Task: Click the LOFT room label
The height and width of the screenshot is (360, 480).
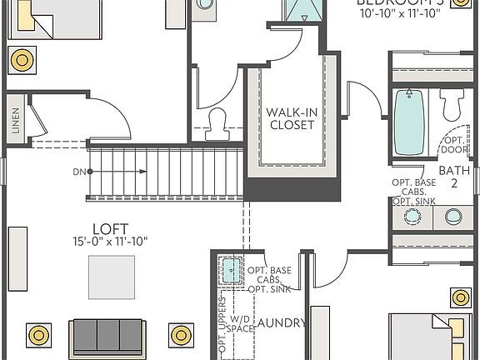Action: pyautogui.click(x=110, y=227)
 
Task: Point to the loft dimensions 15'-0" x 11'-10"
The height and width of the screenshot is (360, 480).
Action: pyautogui.click(x=110, y=242)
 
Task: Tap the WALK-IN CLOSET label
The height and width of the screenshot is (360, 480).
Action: pyautogui.click(x=292, y=118)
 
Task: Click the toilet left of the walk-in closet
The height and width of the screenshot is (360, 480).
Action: pyautogui.click(x=217, y=123)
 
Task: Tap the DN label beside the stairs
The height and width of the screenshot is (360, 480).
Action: pyautogui.click(x=78, y=172)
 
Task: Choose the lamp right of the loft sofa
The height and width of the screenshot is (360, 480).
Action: pyautogui.click(x=182, y=336)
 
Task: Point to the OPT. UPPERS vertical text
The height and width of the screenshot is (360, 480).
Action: pyautogui.click(x=222, y=329)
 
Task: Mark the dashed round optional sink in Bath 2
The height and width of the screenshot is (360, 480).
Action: pyautogui.click(x=412, y=216)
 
